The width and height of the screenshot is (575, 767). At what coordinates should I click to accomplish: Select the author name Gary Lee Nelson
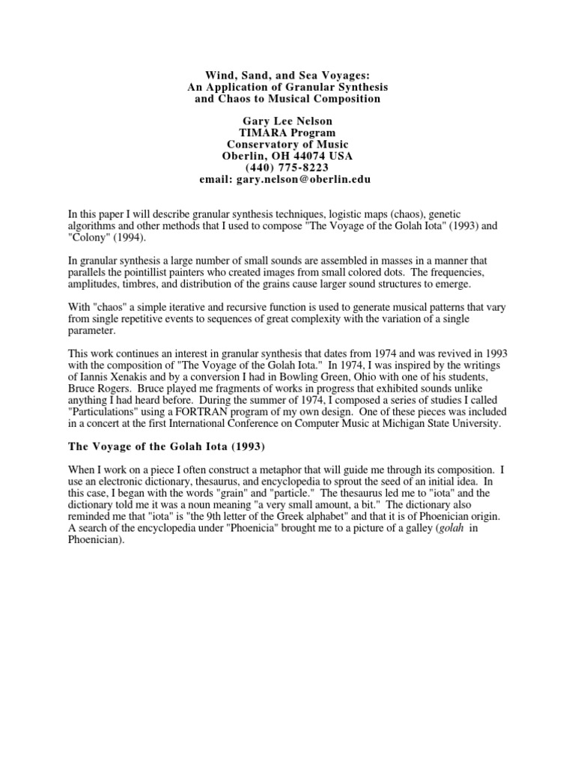[x=287, y=121]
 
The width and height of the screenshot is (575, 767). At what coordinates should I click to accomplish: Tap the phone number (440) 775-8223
[x=287, y=168]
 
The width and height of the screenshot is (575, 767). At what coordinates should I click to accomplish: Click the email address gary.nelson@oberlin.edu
[x=308, y=180]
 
